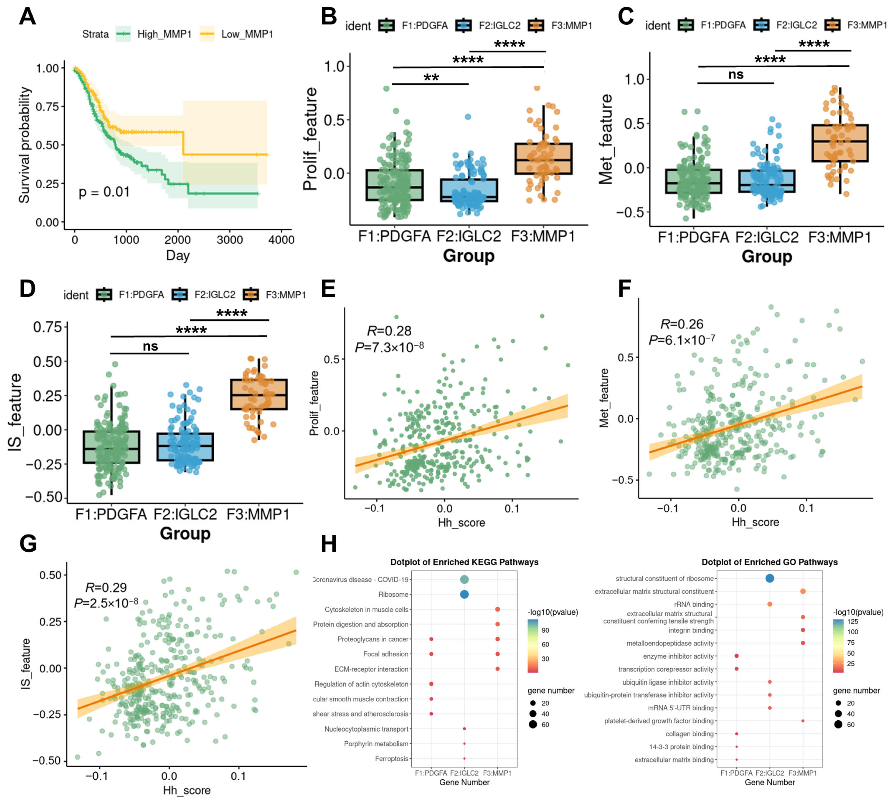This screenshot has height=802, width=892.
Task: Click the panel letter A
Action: [x=27, y=17]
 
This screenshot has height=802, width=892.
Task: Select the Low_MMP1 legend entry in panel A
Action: [x=247, y=34]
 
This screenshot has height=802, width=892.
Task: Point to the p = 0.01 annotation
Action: [x=104, y=192]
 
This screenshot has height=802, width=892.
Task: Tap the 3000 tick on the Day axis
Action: [x=230, y=240]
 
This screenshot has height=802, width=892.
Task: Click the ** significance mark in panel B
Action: [x=431, y=78]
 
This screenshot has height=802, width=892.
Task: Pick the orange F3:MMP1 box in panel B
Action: [x=543, y=159]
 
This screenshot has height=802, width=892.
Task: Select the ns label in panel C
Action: [x=736, y=75]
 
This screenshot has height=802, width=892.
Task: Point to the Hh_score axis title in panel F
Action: [x=755, y=522]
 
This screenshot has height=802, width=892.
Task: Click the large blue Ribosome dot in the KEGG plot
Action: [x=464, y=594]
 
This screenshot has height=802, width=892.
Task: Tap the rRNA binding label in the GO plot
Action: [x=694, y=604]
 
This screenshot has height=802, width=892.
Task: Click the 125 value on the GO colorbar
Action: [x=853, y=622]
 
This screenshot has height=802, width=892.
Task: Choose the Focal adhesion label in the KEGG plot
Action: [x=386, y=654]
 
